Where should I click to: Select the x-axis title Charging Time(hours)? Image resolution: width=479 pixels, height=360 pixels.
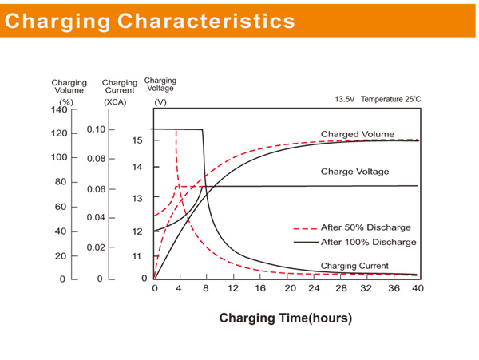click(285, 318)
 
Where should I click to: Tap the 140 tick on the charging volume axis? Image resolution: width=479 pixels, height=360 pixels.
click(60, 109)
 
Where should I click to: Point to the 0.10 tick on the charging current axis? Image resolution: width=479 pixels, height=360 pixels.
click(96, 129)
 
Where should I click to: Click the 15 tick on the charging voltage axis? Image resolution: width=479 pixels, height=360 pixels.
click(137, 140)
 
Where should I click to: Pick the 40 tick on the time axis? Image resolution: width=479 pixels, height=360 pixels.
click(417, 288)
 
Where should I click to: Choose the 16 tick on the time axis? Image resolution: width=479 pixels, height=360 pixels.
click(260, 288)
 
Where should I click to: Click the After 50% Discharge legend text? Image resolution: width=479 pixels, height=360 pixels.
click(366, 227)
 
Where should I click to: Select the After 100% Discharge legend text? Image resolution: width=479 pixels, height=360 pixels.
click(368, 242)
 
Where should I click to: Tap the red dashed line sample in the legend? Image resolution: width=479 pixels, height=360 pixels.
click(306, 227)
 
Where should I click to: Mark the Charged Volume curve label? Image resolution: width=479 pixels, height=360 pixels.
click(357, 134)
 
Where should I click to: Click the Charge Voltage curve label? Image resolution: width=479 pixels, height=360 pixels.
click(354, 172)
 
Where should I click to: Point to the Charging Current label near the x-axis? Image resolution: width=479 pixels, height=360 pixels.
click(354, 266)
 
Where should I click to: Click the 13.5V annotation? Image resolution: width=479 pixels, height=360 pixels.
click(344, 99)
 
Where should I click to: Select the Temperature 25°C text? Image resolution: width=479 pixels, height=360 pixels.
click(390, 99)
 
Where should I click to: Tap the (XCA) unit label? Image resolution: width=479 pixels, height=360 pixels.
click(115, 102)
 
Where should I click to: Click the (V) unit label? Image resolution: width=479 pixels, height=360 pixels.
click(160, 102)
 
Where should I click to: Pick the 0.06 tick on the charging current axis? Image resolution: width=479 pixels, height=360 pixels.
click(96, 189)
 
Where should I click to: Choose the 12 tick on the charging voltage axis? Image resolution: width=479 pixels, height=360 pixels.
click(137, 231)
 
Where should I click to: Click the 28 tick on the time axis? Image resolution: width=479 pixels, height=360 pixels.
click(341, 288)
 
